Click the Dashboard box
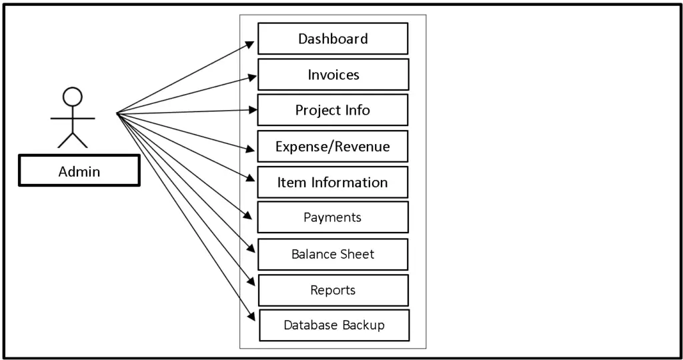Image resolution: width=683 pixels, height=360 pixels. tap(333, 39)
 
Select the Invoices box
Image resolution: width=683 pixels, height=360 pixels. tap(333, 75)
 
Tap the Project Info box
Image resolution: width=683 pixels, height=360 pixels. tap(332, 110)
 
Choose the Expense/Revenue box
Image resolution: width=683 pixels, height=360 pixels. tap(332, 146)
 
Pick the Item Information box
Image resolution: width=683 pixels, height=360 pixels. tap(332, 182)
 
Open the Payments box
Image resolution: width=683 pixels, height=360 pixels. tap(332, 217)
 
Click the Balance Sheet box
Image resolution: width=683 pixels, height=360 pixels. tap(332, 254)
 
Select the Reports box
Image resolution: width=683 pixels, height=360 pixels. tap(333, 290)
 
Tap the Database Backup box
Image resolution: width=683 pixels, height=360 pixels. tap(333, 325)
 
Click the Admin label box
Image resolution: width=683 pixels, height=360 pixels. tap(79, 171)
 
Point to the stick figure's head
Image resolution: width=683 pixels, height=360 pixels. tap(72, 97)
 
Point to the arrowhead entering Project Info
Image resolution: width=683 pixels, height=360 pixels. tap(251, 110)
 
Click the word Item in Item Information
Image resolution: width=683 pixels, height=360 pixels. tap(291, 182)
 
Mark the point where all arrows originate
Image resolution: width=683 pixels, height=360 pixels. tap(117, 114)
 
